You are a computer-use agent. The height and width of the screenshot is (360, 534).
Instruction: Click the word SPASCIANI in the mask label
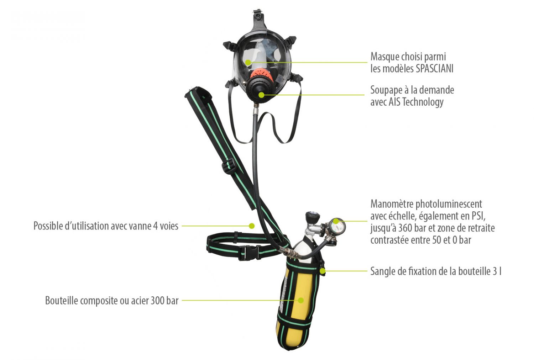click(435, 69)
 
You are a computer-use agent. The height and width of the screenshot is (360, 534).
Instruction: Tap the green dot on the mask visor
click(248, 62)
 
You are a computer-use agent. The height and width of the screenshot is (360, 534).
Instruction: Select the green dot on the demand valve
click(262, 95)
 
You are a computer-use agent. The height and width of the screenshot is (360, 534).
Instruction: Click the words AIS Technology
click(416, 102)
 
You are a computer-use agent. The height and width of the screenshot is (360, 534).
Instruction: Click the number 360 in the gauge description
click(405, 228)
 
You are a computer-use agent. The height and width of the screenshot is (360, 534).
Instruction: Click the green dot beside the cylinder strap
click(323, 271)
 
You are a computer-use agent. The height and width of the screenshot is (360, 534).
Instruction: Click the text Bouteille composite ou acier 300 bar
click(112, 301)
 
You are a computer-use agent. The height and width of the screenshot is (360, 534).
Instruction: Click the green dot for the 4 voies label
click(252, 226)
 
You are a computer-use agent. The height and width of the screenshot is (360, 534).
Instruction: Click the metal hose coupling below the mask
click(256, 107)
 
